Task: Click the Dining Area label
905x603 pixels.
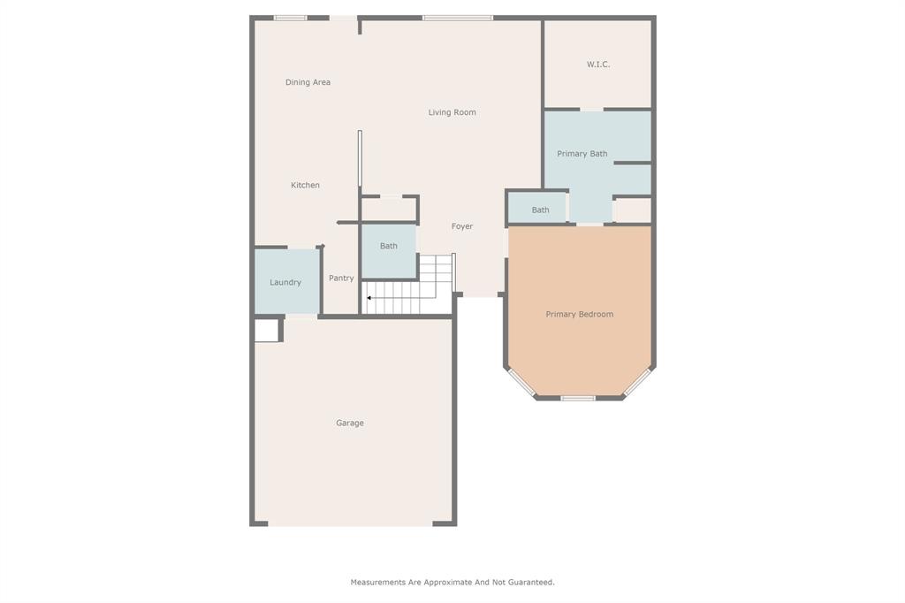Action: pyautogui.click(x=308, y=82)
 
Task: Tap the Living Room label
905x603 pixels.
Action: pyautogui.click(x=452, y=112)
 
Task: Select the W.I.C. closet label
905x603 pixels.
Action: pyautogui.click(x=598, y=65)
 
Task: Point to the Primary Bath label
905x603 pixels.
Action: pyautogui.click(x=582, y=154)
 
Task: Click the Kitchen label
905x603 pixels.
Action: pyautogui.click(x=305, y=185)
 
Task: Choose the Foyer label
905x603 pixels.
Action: pyautogui.click(x=462, y=226)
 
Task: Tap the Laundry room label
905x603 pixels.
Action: pyautogui.click(x=285, y=282)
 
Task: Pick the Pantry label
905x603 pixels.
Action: pyautogui.click(x=341, y=278)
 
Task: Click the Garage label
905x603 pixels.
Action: pyautogui.click(x=350, y=423)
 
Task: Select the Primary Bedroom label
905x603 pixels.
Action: pyautogui.click(x=579, y=314)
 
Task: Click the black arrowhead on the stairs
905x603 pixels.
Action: pyautogui.click(x=369, y=298)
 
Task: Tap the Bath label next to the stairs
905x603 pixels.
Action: pyautogui.click(x=389, y=246)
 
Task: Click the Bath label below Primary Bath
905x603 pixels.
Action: pyautogui.click(x=540, y=210)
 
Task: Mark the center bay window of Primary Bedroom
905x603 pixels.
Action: pyautogui.click(x=578, y=398)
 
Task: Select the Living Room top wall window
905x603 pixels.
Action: pyautogui.click(x=457, y=18)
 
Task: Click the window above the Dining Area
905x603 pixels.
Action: pyautogui.click(x=290, y=18)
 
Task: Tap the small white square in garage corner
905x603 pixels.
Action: pyautogui.click(x=266, y=330)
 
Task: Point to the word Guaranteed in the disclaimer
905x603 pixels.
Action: pyautogui.click(x=529, y=582)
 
